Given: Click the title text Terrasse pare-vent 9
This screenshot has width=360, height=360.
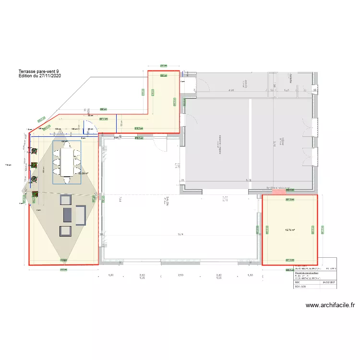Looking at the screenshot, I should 39,71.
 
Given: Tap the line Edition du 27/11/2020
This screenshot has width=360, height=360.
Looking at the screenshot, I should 39,75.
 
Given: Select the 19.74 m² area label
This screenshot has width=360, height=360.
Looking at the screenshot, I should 289,230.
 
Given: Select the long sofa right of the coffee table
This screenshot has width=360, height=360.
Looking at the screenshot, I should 81,215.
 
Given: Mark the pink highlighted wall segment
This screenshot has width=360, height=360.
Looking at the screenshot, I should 278,192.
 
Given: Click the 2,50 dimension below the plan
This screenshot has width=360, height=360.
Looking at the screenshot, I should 181,275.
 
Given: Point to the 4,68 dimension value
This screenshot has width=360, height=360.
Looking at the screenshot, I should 231,90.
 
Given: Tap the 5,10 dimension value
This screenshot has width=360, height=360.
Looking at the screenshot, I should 249,180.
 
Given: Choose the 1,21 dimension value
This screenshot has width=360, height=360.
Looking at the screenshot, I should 287,90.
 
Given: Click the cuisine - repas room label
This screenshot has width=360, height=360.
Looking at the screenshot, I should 220,144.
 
